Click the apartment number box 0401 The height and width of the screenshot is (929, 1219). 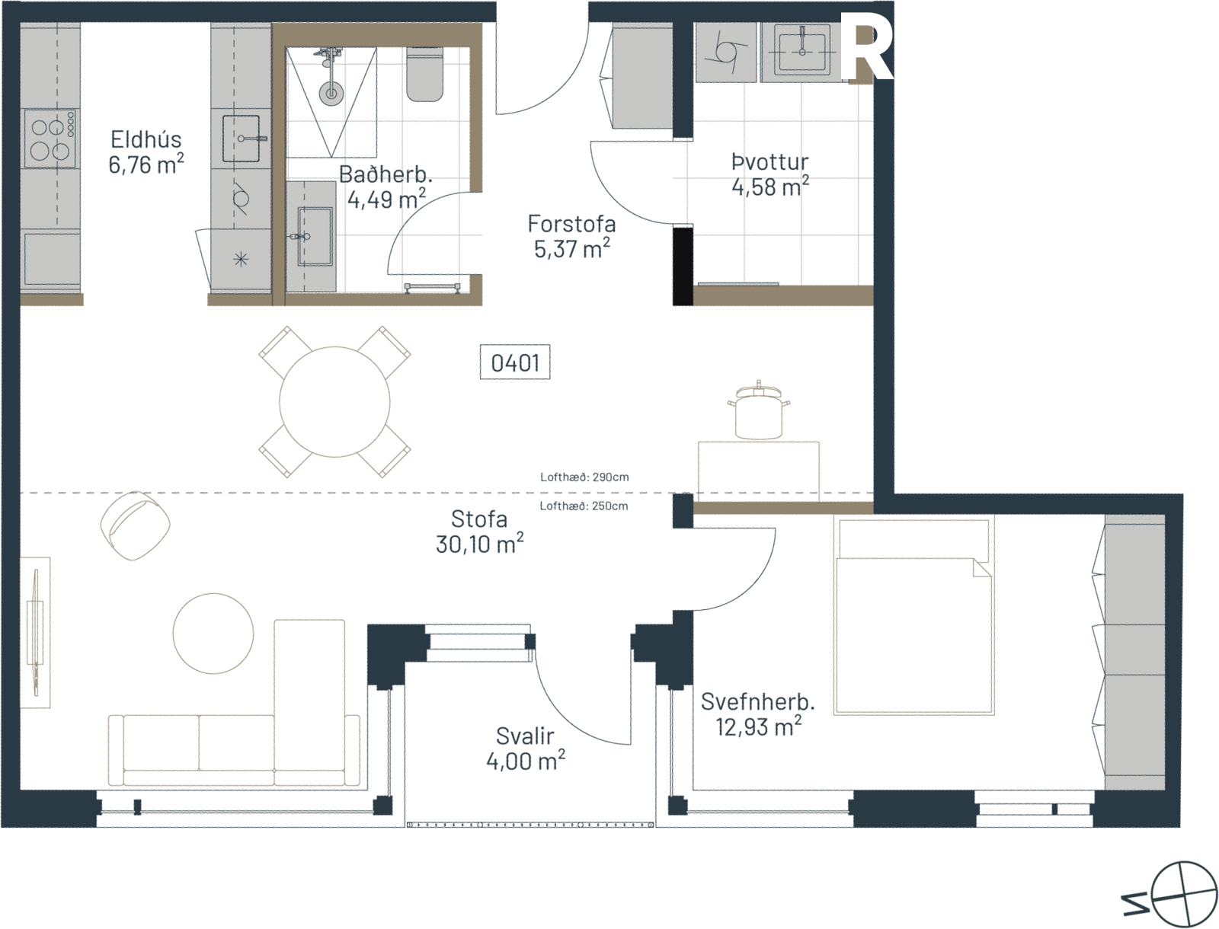tap(515, 362)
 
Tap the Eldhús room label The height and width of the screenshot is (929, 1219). tap(146, 139)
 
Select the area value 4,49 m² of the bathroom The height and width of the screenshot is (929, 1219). tap(386, 199)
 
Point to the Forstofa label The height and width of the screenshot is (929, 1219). tap(571, 224)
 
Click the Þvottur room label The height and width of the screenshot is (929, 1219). tap(769, 162)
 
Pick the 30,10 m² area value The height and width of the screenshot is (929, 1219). tap(480, 544)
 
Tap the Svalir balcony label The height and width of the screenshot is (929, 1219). tap(525, 736)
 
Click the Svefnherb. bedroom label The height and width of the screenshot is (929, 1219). tap(757, 702)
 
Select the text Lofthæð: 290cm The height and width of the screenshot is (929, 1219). tap(584, 477)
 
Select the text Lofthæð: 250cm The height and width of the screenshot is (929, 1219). tap(584, 506)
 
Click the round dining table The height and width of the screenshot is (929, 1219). tap(334, 402)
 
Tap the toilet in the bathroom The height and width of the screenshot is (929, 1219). tap(425, 75)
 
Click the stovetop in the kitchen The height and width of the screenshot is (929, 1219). tap(49, 139)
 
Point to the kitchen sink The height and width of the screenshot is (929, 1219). tap(242, 138)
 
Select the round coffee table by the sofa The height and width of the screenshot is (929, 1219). tap(213, 634)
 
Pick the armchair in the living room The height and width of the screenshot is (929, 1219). tap(135, 525)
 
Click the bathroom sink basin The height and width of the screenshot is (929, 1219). tap(315, 236)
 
